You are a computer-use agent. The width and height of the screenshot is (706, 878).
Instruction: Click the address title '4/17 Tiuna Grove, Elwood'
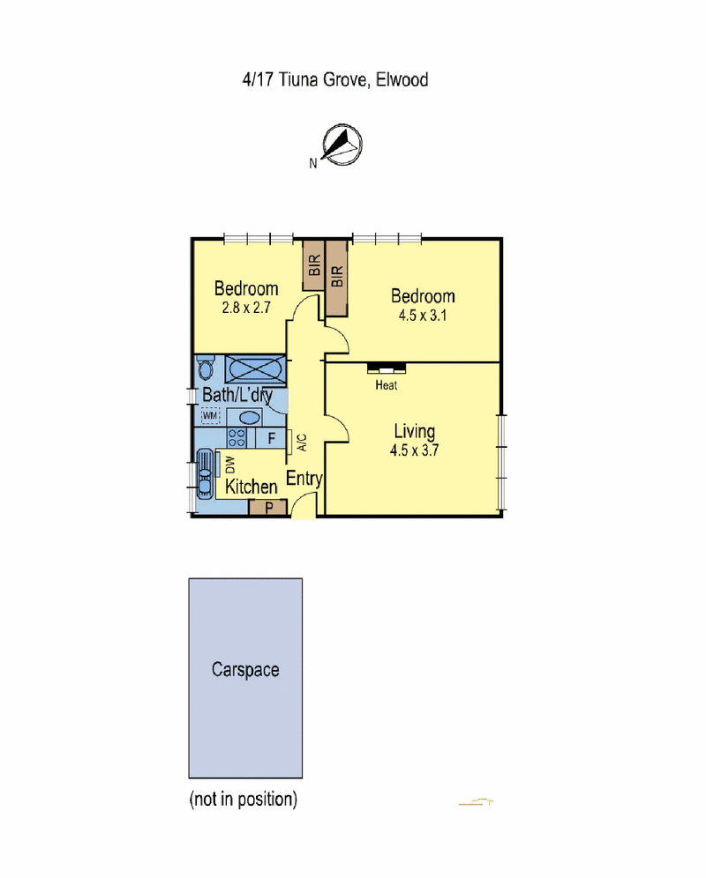(x=335, y=80)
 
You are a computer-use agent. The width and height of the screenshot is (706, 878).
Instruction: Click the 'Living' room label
(x=414, y=431)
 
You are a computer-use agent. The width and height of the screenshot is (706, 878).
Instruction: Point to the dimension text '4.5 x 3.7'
(x=414, y=449)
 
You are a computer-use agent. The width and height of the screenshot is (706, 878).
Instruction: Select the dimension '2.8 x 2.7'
(x=246, y=309)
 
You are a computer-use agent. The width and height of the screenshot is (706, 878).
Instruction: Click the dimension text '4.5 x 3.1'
(x=423, y=316)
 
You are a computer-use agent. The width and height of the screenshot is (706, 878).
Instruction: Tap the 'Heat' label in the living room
(x=386, y=385)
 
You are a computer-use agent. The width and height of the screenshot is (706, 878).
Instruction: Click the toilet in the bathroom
(x=207, y=368)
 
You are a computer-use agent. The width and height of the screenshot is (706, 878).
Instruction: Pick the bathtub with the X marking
(x=254, y=369)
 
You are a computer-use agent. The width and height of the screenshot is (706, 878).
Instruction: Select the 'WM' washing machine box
(x=210, y=415)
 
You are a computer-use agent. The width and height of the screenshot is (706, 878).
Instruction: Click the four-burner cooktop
(x=237, y=436)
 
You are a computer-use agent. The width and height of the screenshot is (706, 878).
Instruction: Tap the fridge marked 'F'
(x=272, y=437)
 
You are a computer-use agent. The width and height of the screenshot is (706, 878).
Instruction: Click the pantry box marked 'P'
(x=267, y=507)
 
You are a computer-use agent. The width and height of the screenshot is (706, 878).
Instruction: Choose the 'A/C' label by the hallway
(x=301, y=441)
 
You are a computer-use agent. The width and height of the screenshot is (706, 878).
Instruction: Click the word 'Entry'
(x=304, y=480)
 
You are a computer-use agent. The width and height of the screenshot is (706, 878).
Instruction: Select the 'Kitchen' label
(x=252, y=487)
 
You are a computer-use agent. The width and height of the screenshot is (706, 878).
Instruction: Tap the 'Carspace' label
(x=245, y=669)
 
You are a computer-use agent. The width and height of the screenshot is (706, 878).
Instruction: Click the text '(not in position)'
(x=243, y=800)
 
